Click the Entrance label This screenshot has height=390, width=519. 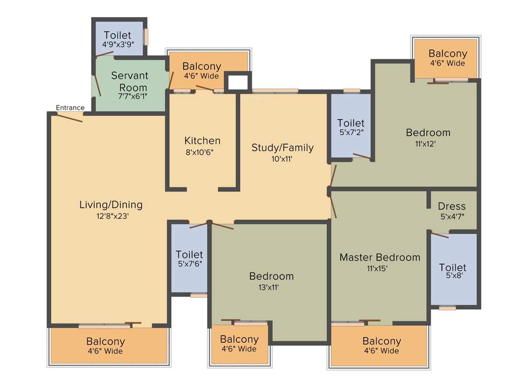70,108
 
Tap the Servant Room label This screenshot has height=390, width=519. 130,81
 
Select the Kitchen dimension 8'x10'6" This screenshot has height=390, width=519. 202,151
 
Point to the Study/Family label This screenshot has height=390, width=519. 282,148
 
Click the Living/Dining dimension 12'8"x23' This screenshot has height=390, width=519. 111,215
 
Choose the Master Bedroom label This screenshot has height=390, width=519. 380,257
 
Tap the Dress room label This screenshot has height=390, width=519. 452,206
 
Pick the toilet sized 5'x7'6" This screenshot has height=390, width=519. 189,258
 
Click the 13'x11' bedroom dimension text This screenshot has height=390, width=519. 271,287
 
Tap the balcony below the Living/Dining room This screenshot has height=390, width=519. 105,345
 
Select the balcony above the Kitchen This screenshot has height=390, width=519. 202,70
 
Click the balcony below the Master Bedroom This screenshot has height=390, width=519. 382,345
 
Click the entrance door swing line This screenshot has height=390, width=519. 69,117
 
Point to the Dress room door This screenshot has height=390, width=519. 439,235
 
